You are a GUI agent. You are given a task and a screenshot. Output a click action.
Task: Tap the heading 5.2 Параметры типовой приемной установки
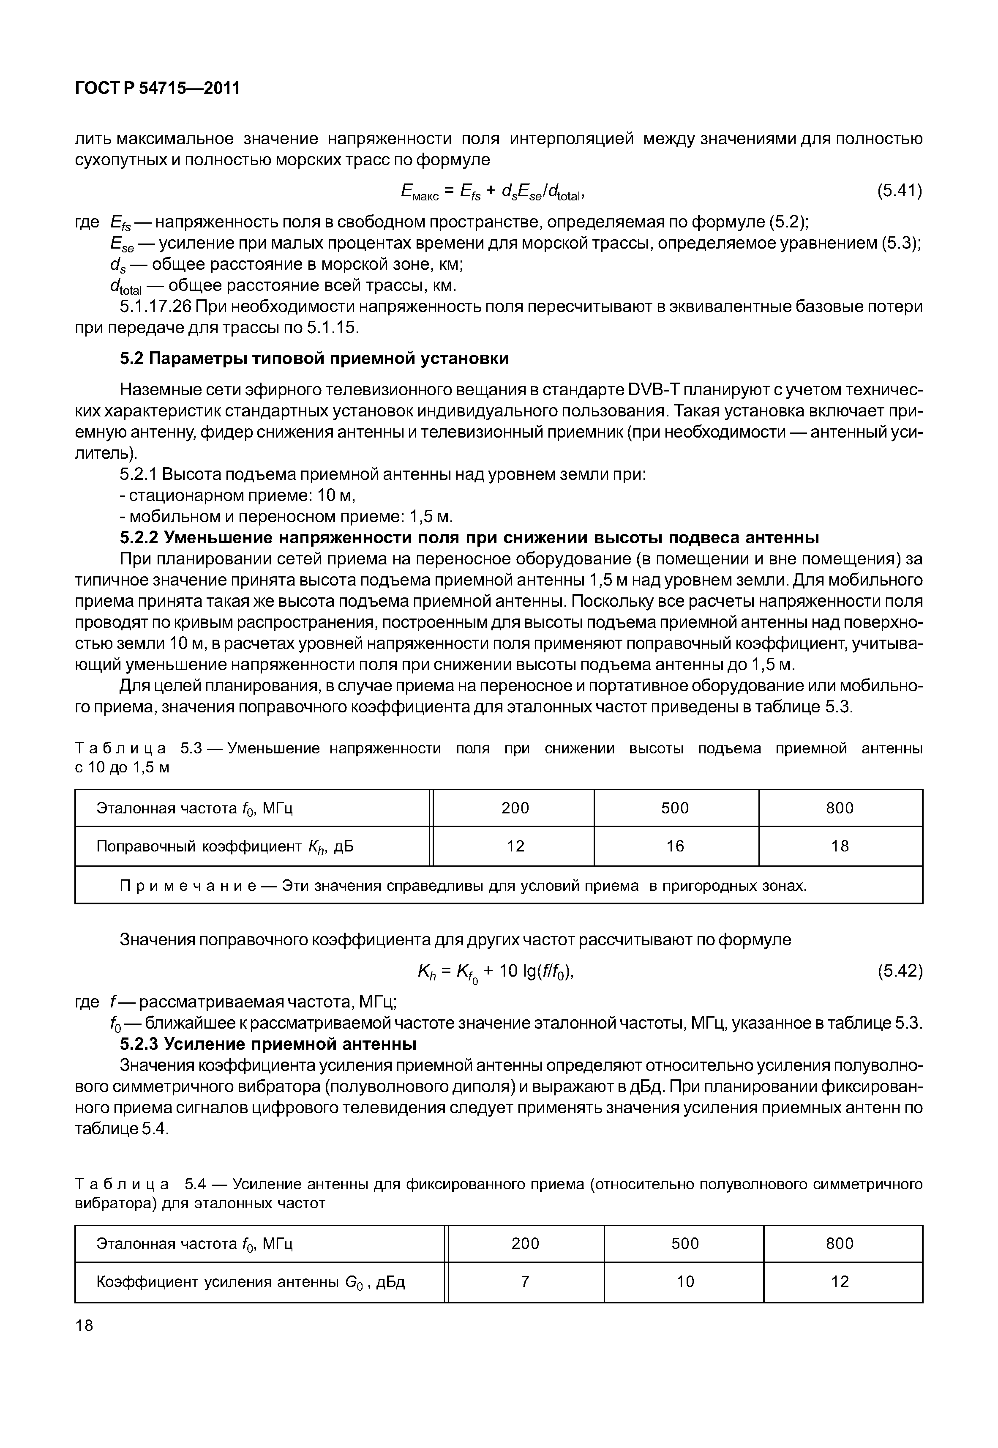pos(314,359)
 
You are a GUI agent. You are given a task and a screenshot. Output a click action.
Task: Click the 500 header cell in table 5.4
pos(685,1243)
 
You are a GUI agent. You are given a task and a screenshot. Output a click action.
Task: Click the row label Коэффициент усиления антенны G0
pos(250,1282)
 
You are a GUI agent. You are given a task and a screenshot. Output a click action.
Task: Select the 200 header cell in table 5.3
pos(515,808)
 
